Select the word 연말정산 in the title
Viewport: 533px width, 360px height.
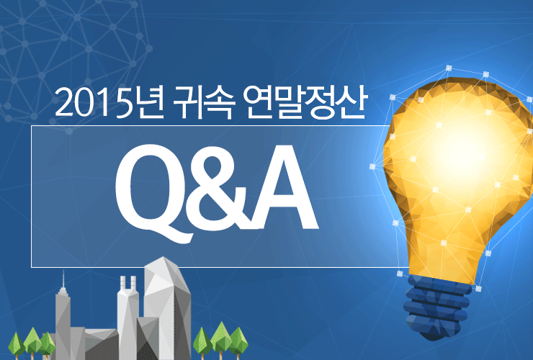click(x=305, y=102)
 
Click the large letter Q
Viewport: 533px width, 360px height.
click(x=154, y=193)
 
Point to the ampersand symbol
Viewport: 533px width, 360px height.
click(x=218, y=192)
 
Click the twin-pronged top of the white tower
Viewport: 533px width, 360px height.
click(x=128, y=283)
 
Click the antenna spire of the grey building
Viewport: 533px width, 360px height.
click(x=63, y=279)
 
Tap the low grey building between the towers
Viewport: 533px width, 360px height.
click(x=102, y=344)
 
